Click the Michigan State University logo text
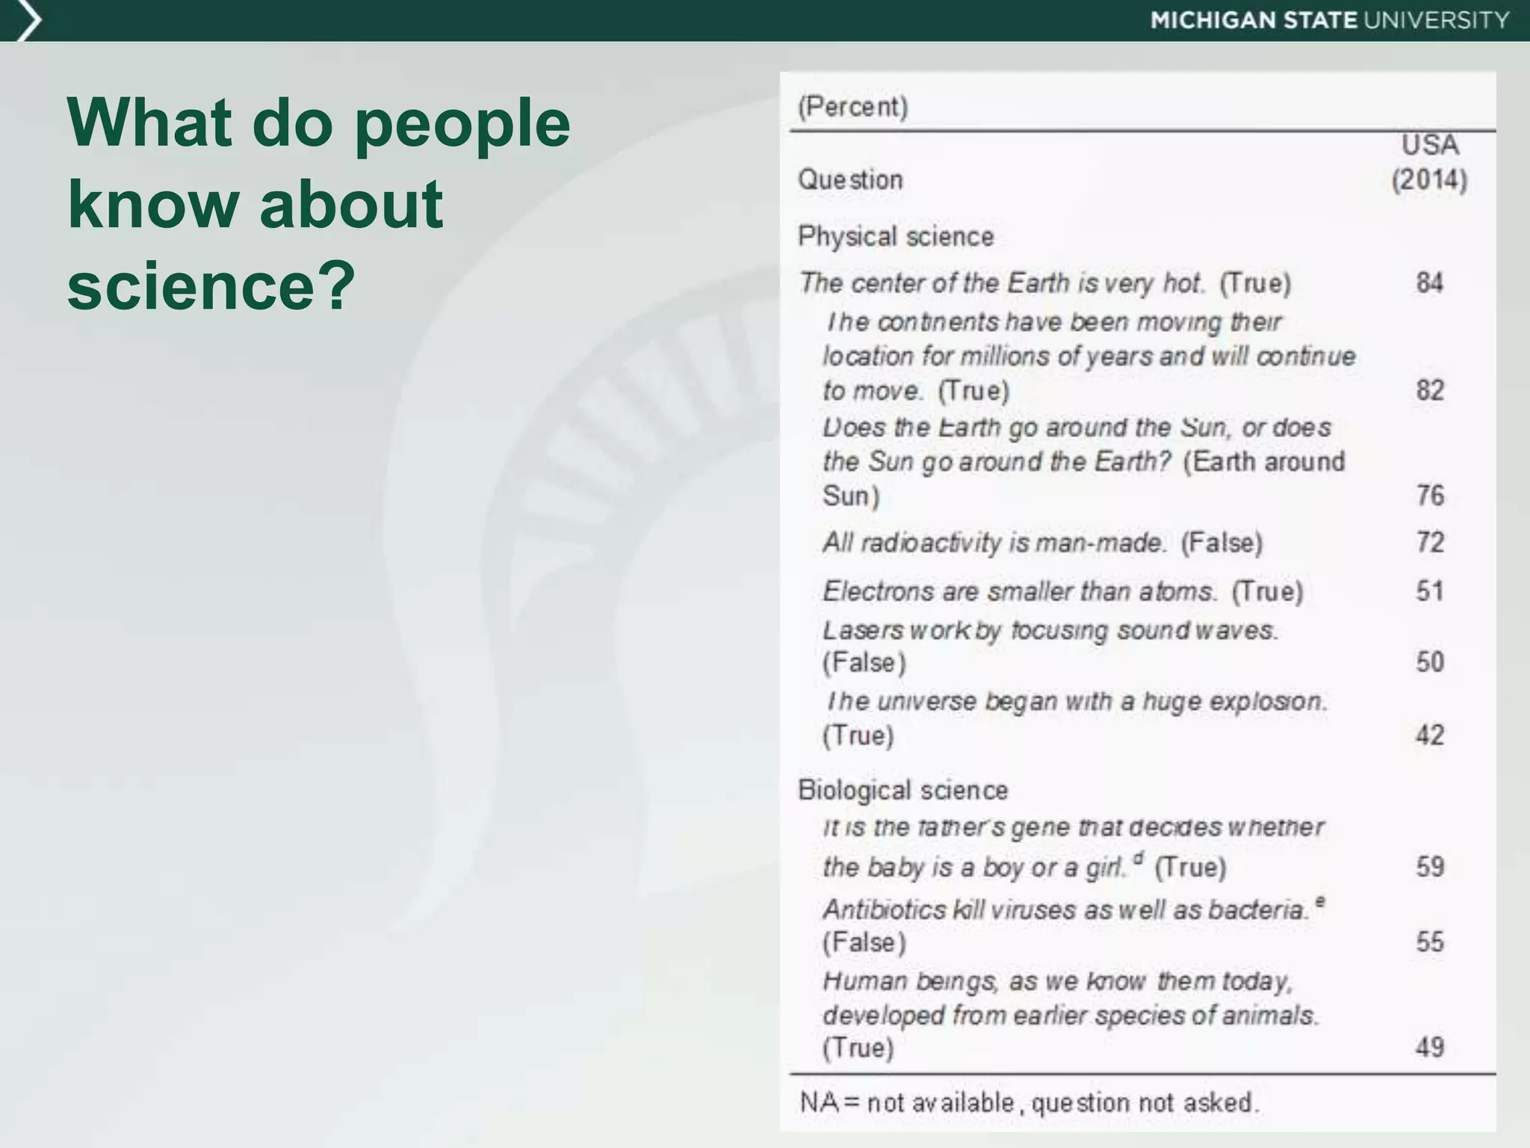tap(1329, 20)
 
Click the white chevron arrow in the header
tap(28, 20)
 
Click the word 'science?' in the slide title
tap(211, 286)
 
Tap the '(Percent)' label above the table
tap(853, 107)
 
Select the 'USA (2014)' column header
tap(1429, 162)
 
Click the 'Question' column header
tap(851, 180)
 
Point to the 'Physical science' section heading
tap(896, 237)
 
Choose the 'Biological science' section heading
tap(902, 790)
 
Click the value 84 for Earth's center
tap(1429, 283)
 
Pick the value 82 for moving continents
tap(1430, 390)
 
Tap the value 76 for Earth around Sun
tap(1430, 495)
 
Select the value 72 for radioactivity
tap(1430, 542)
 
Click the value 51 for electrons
tap(1430, 591)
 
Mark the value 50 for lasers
tap(1430, 661)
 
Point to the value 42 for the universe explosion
tap(1430, 735)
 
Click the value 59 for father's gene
tap(1430, 867)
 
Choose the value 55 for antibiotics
tap(1430, 941)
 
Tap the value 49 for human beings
tap(1430, 1047)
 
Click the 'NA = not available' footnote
tap(1029, 1102)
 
